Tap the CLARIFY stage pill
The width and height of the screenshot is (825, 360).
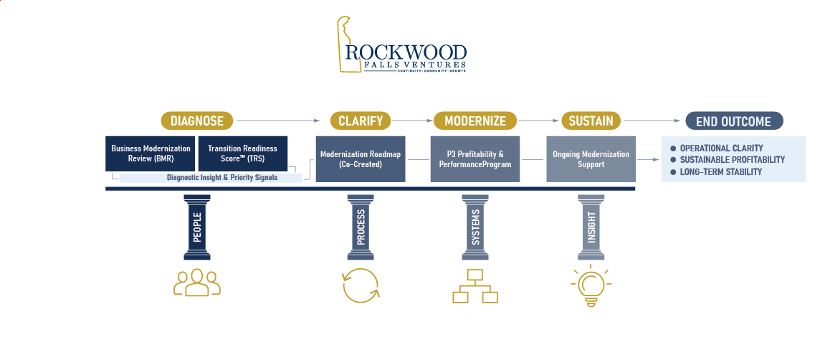361,120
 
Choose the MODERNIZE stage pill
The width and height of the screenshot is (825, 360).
475,120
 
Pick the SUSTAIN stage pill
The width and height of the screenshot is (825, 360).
591,120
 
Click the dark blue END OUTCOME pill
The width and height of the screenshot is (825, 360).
734,120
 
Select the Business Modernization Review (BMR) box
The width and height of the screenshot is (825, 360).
151,153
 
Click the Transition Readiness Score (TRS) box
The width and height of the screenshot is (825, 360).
242,153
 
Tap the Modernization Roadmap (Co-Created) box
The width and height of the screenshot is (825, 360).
361,159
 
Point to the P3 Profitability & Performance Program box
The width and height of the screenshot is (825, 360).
475,159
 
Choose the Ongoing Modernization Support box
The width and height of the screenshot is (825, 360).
591,159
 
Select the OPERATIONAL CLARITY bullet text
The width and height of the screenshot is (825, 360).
721,148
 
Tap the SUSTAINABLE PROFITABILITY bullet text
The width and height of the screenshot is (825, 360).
732,160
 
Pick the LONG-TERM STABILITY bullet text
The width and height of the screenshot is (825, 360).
720,172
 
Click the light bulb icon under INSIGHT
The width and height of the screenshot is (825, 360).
591,284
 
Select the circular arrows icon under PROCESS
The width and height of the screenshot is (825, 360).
361,285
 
